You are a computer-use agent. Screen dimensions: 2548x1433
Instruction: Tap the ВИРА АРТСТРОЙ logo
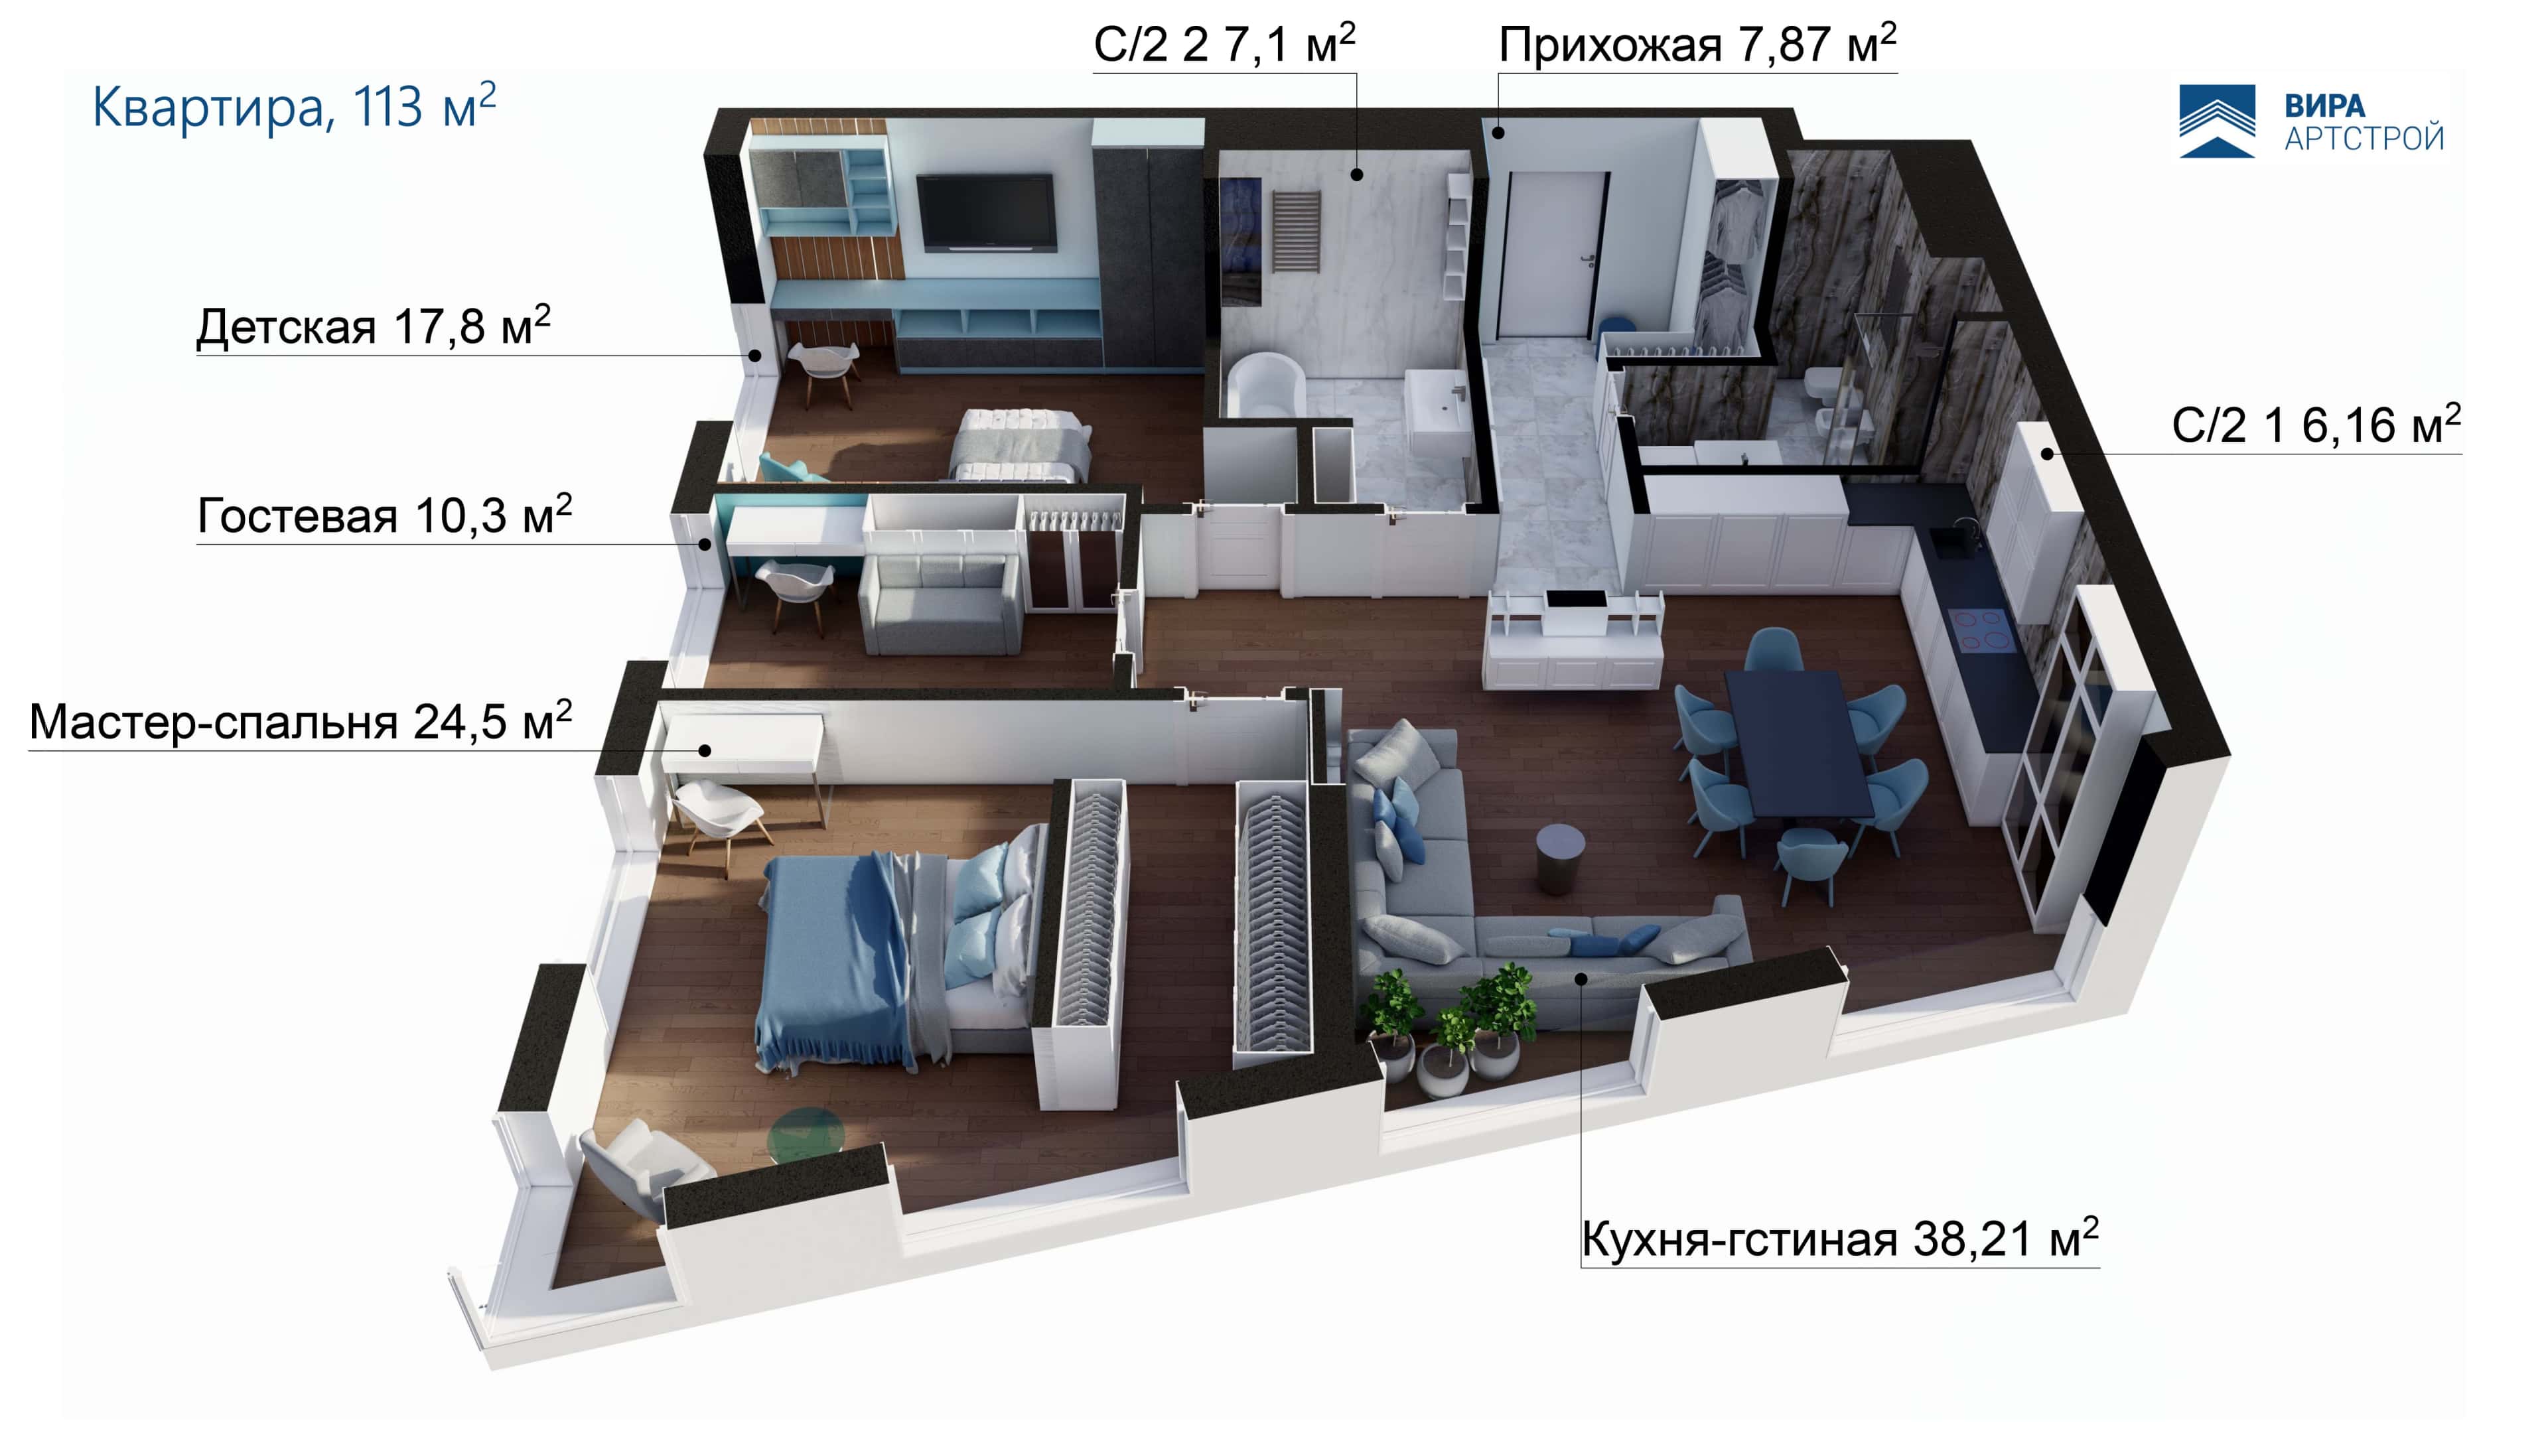[x=2312, y=121]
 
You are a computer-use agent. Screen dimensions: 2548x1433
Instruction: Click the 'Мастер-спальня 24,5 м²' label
[x=301, y=721]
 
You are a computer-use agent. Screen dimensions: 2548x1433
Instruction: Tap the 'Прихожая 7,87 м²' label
[x=1697, y=44]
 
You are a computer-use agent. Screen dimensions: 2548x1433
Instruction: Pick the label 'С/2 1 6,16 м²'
[x=2316, y=425]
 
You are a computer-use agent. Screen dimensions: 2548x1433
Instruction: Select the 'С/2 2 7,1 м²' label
[x=1224, y=44]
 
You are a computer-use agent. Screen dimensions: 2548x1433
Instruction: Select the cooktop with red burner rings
[x=1980, y=630]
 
